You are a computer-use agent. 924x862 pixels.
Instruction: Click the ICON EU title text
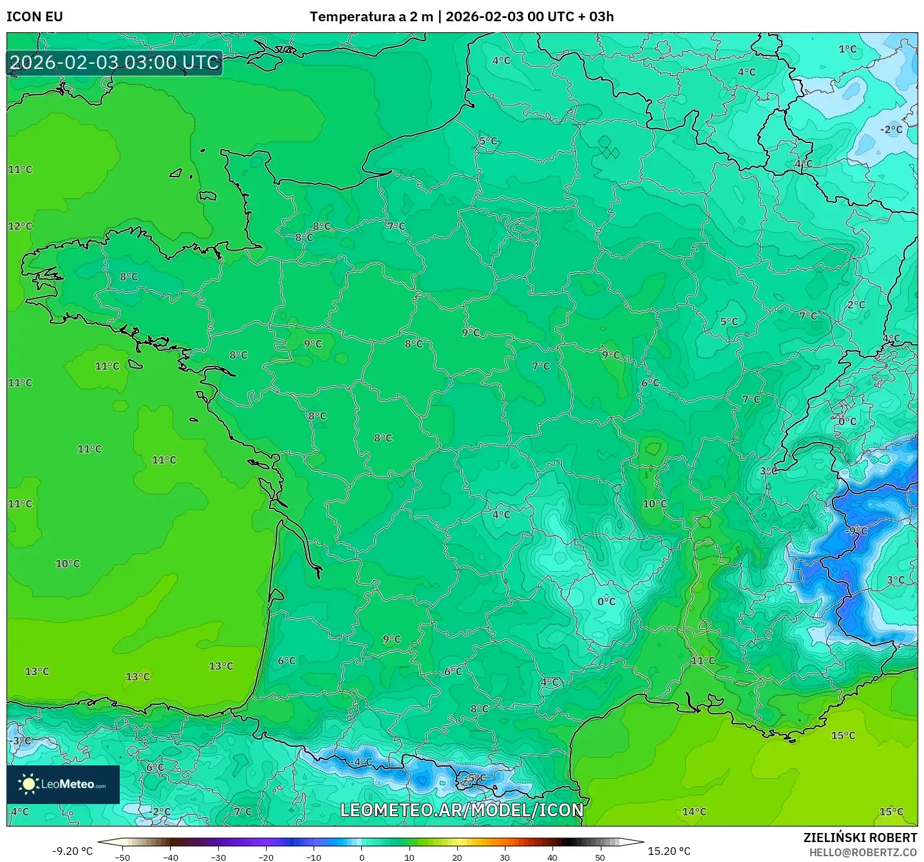tap(35, 17)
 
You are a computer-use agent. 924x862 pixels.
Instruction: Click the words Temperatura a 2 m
tap(372, 17)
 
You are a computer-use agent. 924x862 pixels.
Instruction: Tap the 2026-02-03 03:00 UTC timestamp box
tap(115, 62)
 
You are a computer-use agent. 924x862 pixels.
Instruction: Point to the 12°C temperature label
tap(20, 226)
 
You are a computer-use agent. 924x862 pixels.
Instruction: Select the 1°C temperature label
tap(847, 49)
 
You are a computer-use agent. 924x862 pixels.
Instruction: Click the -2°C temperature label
tap(891, 129)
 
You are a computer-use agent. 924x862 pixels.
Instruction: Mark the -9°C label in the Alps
tap(857, 531)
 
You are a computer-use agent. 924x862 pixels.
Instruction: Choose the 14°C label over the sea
tap(694, 812)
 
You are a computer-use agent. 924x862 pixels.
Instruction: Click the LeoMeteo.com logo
tap(63, 784)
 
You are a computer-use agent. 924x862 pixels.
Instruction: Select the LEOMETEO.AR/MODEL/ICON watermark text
tap(462, 810)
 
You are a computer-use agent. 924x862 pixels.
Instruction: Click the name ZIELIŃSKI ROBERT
tap(860, 838)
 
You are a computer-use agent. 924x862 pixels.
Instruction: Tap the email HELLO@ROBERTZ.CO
tap(863, 852)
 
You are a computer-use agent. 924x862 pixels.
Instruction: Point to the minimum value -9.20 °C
tap(72, 851)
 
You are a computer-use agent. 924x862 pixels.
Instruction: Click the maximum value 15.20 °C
tap(669, 851)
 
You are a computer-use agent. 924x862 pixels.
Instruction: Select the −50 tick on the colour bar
tap(122, 857)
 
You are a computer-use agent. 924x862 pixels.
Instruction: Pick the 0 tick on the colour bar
tap(361, 857)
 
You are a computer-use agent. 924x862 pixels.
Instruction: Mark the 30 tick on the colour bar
tap(504, 857)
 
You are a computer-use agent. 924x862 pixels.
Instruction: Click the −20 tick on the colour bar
tap(265, 857)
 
